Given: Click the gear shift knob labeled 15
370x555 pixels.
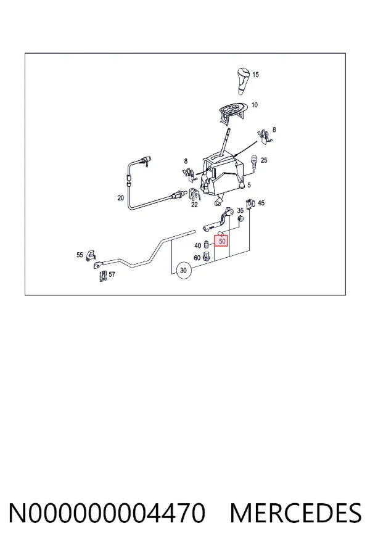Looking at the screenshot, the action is [x=243, y=80].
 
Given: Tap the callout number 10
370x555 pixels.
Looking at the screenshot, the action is [x=255, y=105].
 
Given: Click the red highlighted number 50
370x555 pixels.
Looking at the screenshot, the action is [x=222, y=241].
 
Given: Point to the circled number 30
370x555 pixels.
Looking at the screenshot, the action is [x=183, y=271].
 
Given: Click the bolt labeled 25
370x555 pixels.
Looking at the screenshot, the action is [x=254, y=162].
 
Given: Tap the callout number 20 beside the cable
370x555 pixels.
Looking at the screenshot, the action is [x=121, y=198].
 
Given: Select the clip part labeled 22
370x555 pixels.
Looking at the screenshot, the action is [x=194, y=194].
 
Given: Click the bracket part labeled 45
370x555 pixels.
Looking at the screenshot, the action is [x=251, y=203].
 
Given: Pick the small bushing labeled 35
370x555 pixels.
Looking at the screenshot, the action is [x=240, y=219].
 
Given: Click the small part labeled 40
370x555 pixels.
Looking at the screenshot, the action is [x=207, y=245].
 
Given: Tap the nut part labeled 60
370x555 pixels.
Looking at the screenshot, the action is [x=207, y=257].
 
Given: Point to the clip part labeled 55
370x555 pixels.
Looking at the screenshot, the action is [x=91, y=254].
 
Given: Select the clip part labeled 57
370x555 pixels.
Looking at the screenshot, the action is [x=103, y=276].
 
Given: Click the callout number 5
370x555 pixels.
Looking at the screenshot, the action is [x=249, y=185].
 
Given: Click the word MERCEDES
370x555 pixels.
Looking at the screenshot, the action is [x=295, y=513].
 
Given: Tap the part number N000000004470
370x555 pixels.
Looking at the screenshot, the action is [x=107, y=513].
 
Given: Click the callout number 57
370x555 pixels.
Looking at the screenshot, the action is [x=112, y=274].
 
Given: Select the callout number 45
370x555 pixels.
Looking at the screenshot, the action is [x=261, y=203].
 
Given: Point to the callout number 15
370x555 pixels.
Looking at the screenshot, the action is [x=255, y=75].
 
